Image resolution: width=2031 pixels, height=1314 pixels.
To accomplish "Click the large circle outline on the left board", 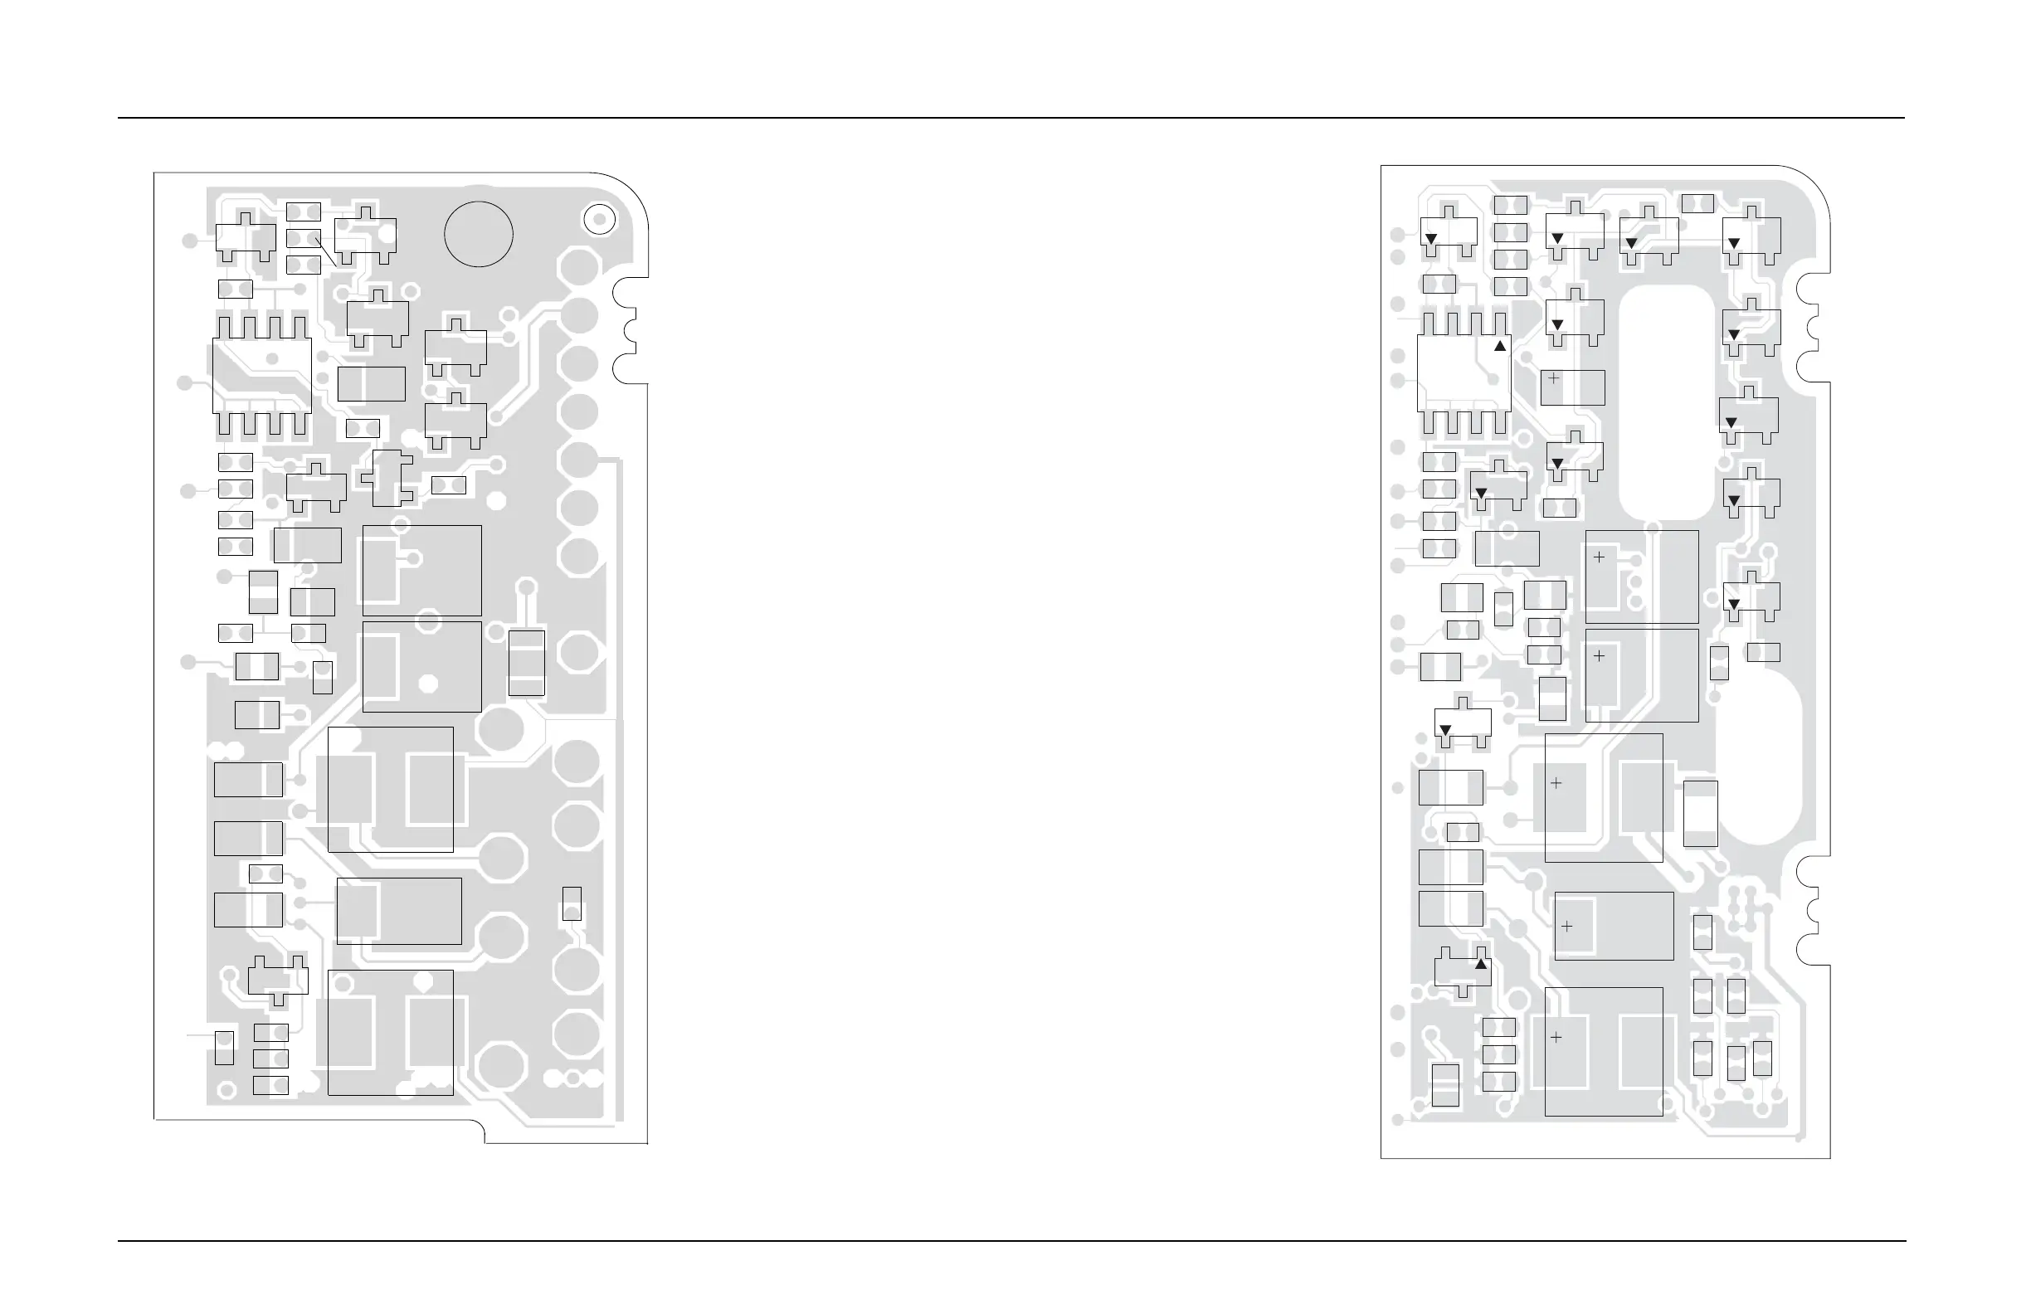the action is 478,234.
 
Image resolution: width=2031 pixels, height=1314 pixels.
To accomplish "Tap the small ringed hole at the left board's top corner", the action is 599,219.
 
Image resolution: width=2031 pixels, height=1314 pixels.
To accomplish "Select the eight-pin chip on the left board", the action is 262,377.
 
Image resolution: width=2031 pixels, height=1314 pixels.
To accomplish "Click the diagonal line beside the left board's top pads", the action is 326,251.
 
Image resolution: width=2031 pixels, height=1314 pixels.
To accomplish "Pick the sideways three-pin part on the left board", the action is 388,479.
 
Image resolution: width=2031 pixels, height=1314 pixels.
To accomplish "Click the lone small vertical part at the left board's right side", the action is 572,903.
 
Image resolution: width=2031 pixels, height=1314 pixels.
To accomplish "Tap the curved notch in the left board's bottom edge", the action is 483,1131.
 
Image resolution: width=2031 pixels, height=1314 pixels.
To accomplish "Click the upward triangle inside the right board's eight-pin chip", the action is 1499,347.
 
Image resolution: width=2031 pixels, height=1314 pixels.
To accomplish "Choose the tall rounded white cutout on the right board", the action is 1667,402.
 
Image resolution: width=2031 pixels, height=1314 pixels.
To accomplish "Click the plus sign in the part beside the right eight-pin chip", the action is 1554,378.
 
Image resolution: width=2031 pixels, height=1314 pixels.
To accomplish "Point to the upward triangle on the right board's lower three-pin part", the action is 1481,964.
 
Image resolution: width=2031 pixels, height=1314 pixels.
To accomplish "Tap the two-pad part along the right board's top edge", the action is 1697,203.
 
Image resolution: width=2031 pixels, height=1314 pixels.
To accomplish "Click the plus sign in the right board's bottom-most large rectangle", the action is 1556,1038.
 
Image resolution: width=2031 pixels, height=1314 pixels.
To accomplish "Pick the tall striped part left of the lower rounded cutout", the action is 1700,813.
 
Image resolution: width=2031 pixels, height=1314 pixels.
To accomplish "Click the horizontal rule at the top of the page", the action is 1011,118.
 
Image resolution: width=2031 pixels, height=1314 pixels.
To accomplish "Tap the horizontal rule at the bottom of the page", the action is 1011,1241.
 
